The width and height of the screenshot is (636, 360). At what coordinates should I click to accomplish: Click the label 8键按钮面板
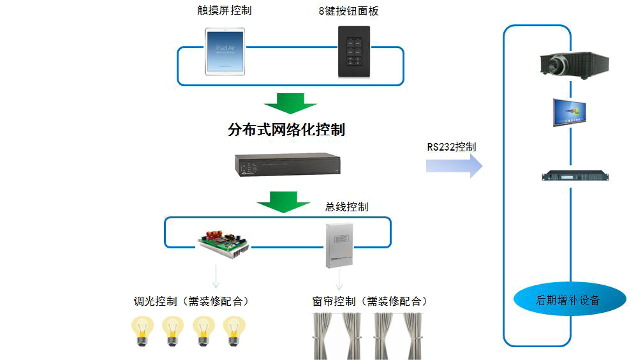(353, 11)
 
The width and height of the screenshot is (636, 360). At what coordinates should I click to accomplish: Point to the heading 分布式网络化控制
(286, 131)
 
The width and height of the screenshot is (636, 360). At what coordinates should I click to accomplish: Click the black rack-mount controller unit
(286, 165)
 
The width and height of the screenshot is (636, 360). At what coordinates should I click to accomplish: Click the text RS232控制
(452, 147)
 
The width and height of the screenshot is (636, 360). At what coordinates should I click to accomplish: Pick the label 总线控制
(347, 207)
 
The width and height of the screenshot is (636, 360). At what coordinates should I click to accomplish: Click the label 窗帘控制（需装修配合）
(366, 301)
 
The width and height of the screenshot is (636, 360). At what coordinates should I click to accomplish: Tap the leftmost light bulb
(142, 329)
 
